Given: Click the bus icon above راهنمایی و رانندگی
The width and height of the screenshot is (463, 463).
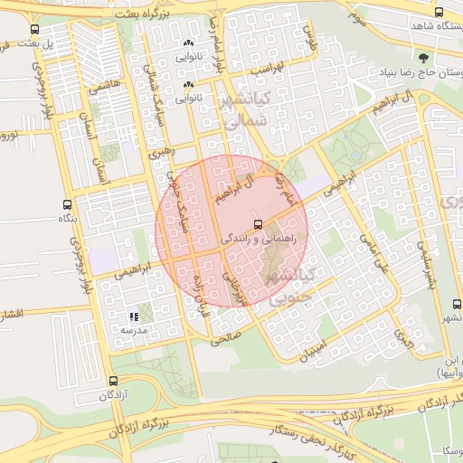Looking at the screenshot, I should point(258,223).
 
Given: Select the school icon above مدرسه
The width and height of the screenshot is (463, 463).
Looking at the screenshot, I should point(134,317).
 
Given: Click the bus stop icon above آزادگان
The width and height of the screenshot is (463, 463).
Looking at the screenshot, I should point(113,382).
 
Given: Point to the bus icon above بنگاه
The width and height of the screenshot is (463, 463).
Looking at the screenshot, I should point(65,205).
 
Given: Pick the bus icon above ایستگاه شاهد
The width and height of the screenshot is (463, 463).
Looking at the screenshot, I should point(439,13).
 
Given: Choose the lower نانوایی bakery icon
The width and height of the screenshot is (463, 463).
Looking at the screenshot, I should point(189,87).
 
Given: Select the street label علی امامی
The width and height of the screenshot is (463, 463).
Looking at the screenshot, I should point(373,249).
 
